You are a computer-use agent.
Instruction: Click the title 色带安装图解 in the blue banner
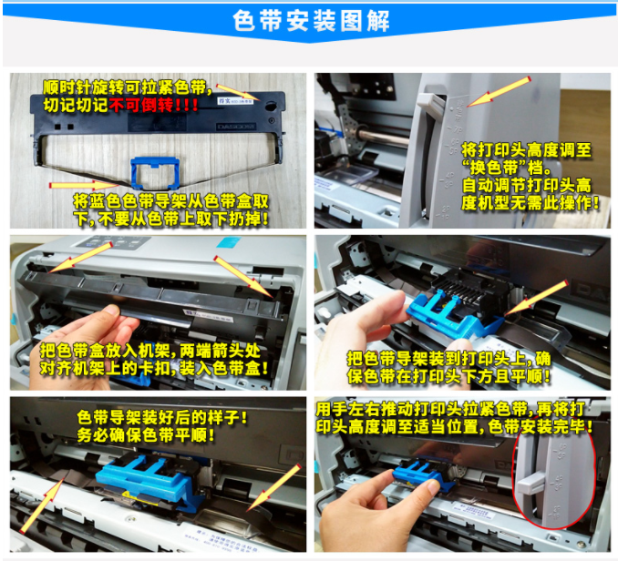[311, 20]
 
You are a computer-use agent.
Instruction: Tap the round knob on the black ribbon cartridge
[271, 106]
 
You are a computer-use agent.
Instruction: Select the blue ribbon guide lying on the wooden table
[155, 172]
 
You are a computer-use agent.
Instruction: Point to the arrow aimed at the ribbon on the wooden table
[85, 185]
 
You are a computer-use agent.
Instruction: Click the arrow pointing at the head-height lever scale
[499, 92]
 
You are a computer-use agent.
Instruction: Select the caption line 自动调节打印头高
[527, 185]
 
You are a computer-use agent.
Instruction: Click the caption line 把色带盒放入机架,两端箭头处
[150, 351]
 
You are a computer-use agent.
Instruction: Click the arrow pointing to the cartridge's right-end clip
[243, 277]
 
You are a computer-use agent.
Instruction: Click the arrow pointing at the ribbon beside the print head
[536, 297]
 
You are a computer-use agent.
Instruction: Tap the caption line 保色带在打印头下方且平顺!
[449, 377]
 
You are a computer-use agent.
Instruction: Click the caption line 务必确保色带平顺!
[146, 435]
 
